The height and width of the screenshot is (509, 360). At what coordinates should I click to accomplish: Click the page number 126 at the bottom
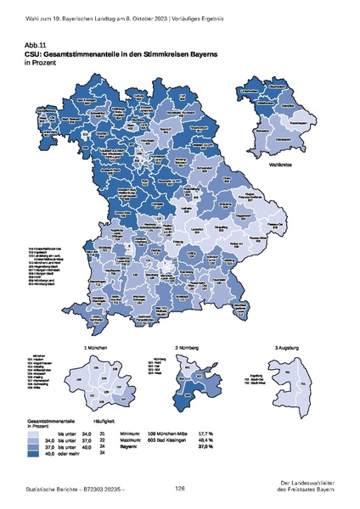(x=180, y=488)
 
